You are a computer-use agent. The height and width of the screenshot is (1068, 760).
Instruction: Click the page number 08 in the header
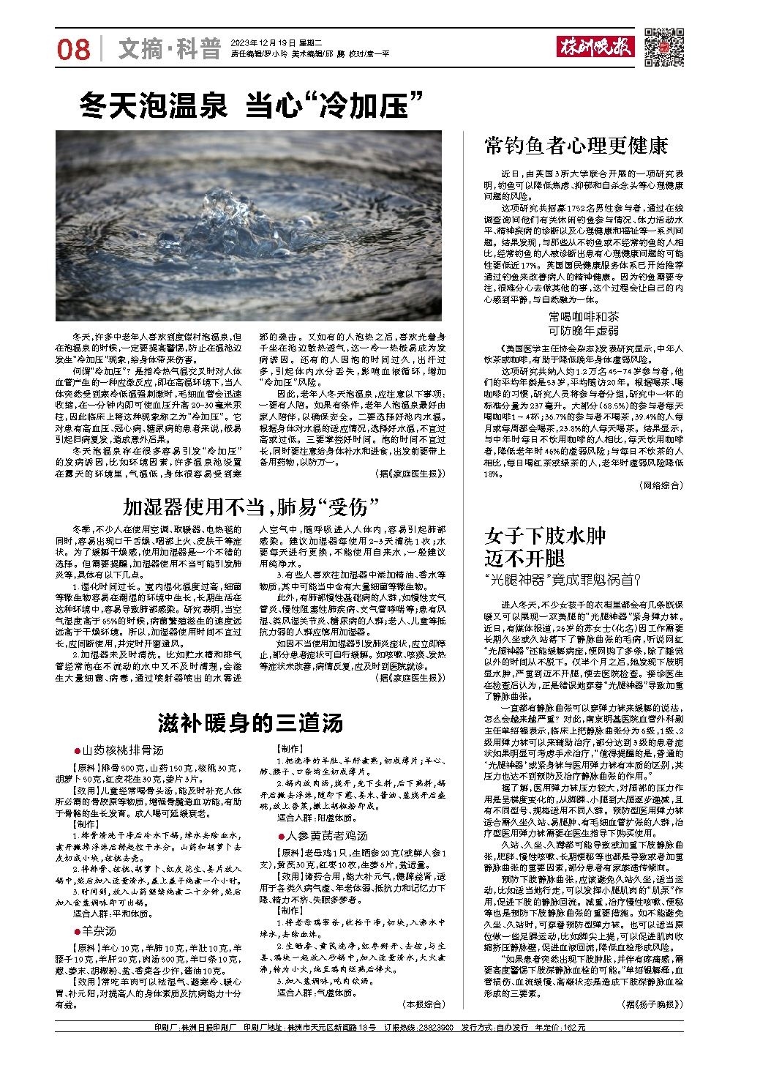[73, 51]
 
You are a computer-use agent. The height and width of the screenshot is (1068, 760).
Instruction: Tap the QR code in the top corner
[664, 47]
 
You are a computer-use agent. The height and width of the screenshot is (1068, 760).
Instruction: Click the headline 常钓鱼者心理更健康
[576, 146]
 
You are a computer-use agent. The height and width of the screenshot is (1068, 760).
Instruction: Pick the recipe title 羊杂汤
[98, 931]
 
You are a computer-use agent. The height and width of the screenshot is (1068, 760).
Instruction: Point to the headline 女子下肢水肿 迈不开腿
[545, 546]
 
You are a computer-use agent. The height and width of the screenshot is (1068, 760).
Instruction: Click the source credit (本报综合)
[424, 1003]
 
